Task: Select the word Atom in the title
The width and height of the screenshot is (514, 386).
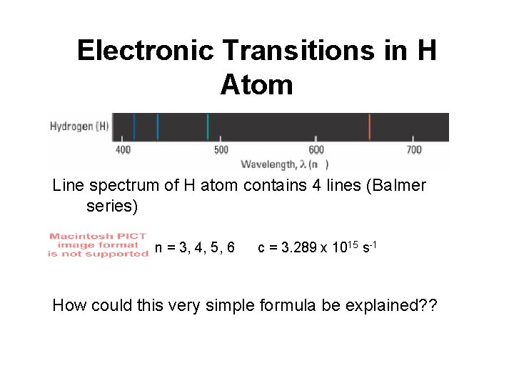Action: click(x=256, y=85)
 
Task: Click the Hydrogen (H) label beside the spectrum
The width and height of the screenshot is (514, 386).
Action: click(x=79, y=127)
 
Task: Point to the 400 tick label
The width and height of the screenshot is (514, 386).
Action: click(x=124, y=150)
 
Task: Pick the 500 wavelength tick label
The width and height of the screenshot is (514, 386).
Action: click(x=221, y=150)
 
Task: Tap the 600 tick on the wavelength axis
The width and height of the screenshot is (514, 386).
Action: click(x=317, y=150)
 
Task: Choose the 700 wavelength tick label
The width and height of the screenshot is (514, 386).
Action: click(x=414, y=150)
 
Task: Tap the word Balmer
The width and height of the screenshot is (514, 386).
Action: click(x=396, y=186)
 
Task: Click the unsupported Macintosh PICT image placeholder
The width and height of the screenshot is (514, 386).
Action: click(x=98, y=245)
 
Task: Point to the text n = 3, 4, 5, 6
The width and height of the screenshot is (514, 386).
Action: click(x=195, y=248)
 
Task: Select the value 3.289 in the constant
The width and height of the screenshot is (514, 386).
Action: click(x=294, y=248)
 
